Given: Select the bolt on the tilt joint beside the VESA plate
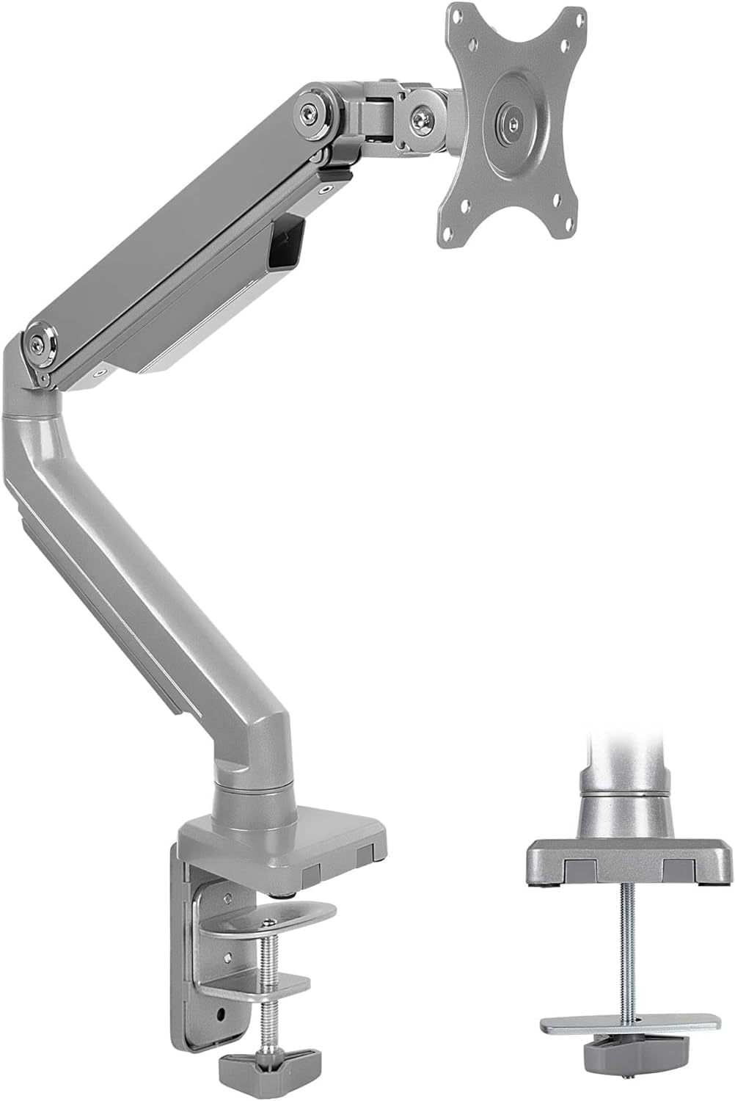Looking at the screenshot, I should coord(421,117).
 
